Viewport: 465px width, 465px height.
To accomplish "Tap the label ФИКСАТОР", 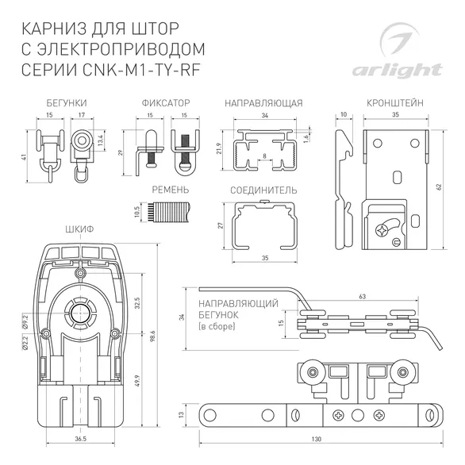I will click(166, 104).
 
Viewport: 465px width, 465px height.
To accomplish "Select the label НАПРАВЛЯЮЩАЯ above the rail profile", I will click(264, 104).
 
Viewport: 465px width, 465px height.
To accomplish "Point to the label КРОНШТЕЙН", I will click(394, 104).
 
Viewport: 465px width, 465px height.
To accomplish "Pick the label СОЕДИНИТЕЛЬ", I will click(263, 190).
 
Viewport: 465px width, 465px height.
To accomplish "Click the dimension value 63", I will click(362, 295).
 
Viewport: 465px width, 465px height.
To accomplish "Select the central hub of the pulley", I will click(79, 315).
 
